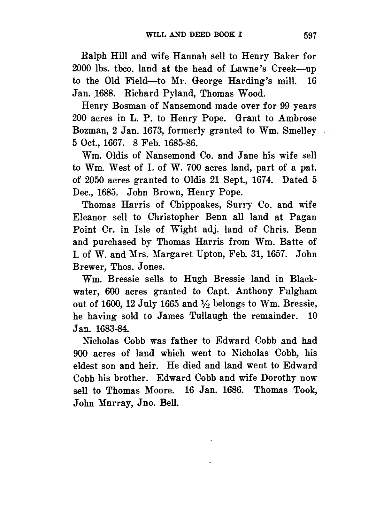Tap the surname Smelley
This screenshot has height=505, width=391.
[299, 131]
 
